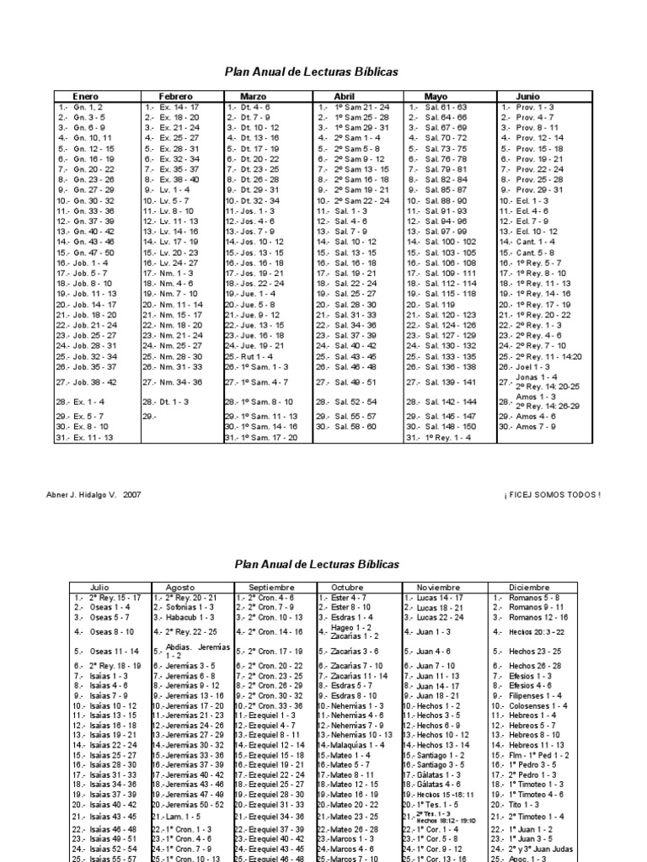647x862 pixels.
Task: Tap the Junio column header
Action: click(x=528, y=97)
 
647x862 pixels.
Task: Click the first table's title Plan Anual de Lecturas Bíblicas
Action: click(x=311, y=72)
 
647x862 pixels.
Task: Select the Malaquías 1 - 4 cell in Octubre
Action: click(x=356, y=745)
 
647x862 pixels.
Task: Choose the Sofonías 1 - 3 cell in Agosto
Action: click(x=190, y=606)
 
